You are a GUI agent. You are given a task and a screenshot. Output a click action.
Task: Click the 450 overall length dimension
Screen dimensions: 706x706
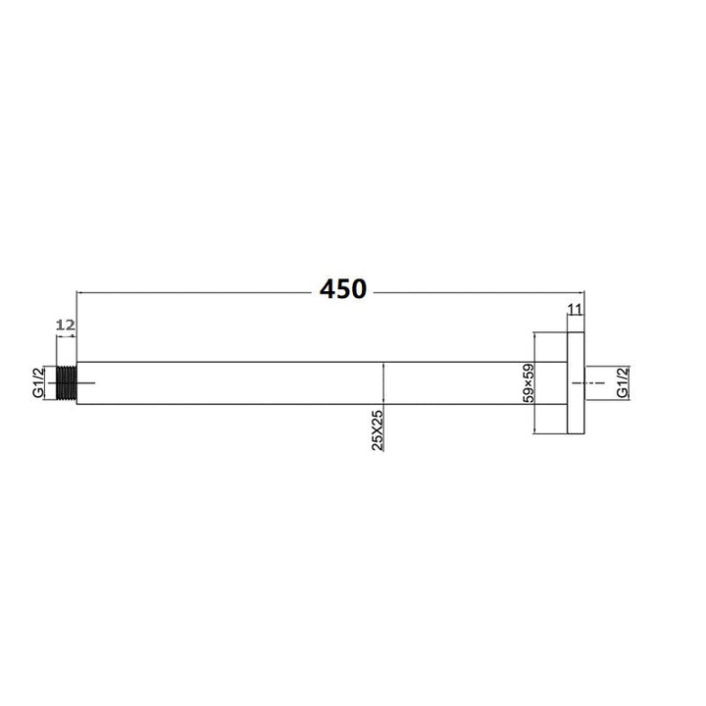click(342, 289)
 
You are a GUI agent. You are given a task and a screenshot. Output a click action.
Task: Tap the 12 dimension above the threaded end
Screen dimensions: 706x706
click(66, 324)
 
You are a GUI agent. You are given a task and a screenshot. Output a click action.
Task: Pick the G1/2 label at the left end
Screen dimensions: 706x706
click(37, 381)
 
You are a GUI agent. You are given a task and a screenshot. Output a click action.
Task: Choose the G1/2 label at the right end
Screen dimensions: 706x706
click(623, 381)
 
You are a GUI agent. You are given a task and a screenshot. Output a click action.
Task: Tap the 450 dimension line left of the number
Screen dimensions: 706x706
click(196, 291)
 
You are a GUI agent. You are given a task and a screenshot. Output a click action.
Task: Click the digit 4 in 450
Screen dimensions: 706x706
click(327, 289)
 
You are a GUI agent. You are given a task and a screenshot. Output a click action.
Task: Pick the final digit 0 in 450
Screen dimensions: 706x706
click(358, 289)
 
